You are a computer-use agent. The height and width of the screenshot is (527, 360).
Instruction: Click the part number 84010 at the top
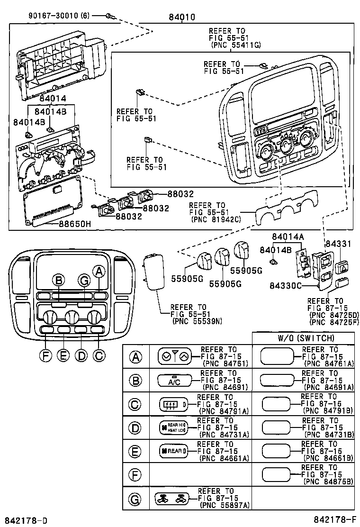pos(181,18)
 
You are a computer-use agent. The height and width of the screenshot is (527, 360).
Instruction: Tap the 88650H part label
pos(75,225)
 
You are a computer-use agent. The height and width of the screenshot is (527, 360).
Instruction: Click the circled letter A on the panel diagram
pos(99,271)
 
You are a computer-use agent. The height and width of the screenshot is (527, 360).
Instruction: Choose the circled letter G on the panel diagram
pos(84,281)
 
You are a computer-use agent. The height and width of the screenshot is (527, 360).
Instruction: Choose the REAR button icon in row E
pos(173,451)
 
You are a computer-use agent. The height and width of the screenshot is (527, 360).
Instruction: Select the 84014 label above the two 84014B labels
pos(53,99)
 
